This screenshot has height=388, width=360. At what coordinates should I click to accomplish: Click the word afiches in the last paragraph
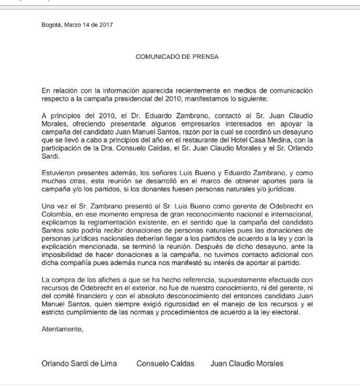tap(116, 280)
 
